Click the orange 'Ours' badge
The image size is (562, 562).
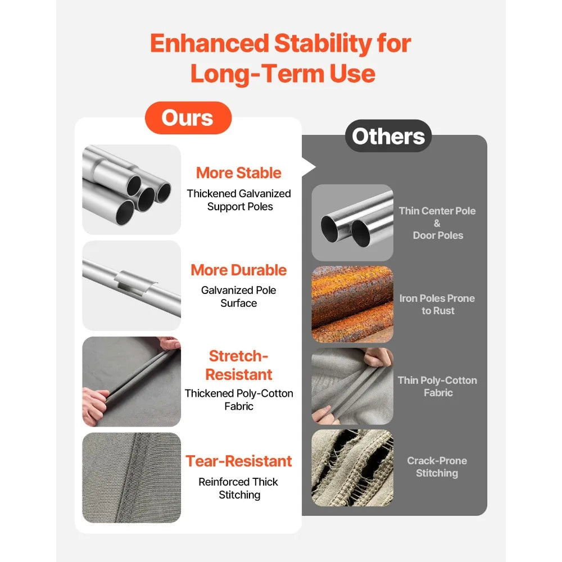188,117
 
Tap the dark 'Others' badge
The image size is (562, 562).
388,136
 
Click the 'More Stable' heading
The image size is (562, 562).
239,173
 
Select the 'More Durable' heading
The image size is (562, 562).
239,270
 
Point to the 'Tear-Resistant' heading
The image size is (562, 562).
239,461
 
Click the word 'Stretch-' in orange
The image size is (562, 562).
239,356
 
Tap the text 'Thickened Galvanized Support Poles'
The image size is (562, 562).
239,200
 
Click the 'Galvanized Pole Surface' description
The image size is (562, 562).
239,296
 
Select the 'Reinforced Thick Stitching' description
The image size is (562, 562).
239,488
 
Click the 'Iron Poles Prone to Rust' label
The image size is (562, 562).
437,304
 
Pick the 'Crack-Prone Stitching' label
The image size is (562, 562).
437,466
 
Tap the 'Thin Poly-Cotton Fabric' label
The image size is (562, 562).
438,387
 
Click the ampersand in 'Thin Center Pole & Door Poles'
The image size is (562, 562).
437,223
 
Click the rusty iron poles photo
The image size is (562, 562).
352,304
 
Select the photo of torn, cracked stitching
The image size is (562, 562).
352,468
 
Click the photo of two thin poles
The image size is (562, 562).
352,223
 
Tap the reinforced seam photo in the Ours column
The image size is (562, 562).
132,477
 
